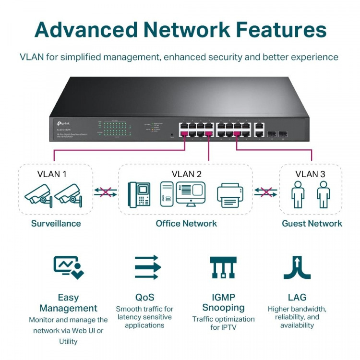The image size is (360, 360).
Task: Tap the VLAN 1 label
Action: (52, 174)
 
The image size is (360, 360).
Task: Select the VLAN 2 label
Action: (186, 174)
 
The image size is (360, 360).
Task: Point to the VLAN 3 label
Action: (310, 174)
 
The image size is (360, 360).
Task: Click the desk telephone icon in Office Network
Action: (140, 195)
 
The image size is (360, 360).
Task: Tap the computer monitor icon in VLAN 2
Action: (191, 193)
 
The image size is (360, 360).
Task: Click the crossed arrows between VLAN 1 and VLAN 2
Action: (105, 192)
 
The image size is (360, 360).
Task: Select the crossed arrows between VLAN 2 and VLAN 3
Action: (265, 192)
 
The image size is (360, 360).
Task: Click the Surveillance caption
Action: (56, 223)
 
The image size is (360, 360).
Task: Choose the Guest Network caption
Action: (312, 223)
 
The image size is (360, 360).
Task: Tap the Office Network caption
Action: (186, 223)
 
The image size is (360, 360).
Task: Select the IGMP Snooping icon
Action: (223, 267)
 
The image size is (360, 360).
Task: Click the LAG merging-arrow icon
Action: (297, 267)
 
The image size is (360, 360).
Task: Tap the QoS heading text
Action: (144, 297)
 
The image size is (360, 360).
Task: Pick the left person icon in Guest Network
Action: (298, 194)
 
